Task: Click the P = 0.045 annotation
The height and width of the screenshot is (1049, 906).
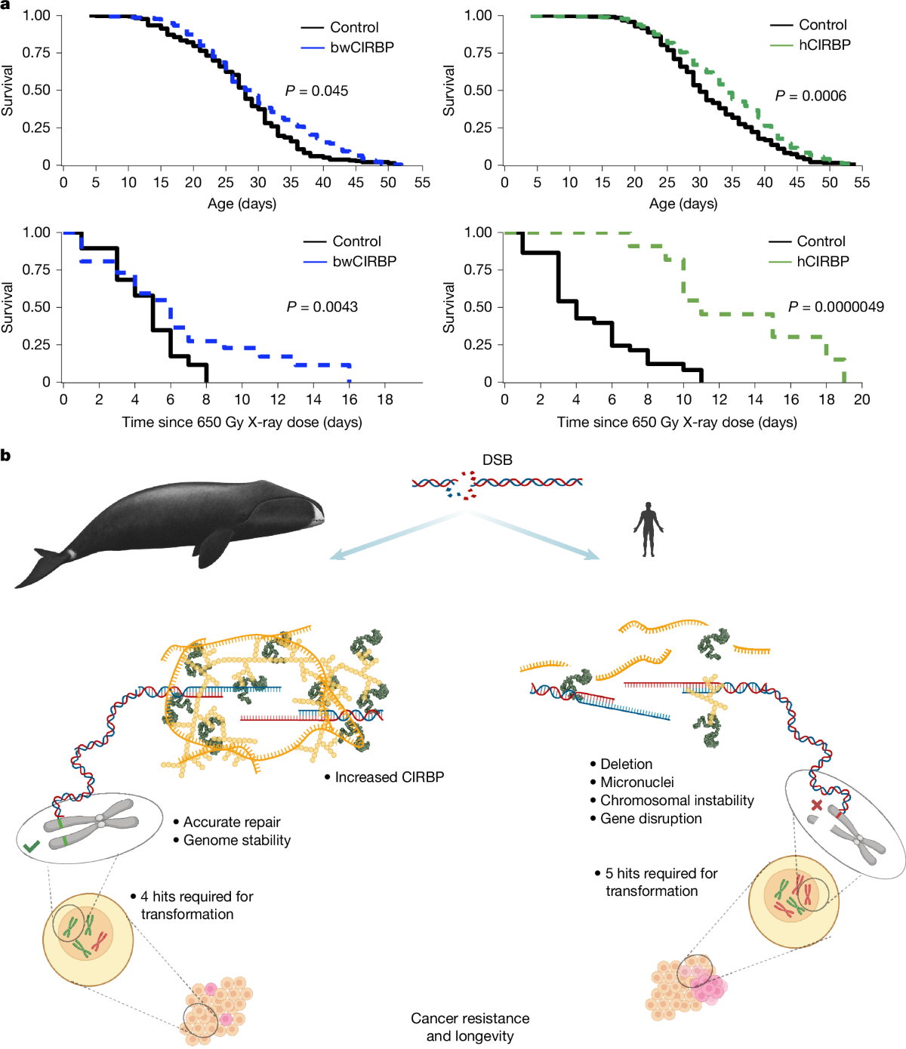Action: pyautogui.click(x=316, y=91)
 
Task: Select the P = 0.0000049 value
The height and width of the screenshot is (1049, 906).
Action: pyautogui.click(x=836, y=307)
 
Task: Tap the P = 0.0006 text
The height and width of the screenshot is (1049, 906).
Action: pyautogui.click(x=810, y=96)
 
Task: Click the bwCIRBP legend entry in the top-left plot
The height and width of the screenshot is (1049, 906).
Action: pyautogui.click(x=362, y=47)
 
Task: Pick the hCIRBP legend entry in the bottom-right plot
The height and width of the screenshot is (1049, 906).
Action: pyautogui.click(x=823, y=261)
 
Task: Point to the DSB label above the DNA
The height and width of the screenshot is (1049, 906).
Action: pyautogui.click(x=497, y=460)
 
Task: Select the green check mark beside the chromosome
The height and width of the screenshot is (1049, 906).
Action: pyautogui.click(x=31, y=848)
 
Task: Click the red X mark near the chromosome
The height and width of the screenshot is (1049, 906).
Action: pyautogui.click(x=816, y=805)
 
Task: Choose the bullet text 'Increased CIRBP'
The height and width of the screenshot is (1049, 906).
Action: pyautogui.click(x=389, y=777)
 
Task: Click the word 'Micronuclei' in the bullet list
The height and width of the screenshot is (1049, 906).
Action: pyautogui.click(x=636, y=783)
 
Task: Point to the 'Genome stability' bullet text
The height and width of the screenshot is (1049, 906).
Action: pyautogui.click(x=236, y=840)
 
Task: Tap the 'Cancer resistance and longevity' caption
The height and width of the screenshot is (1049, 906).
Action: pyautogui.click(x=470, y=1027)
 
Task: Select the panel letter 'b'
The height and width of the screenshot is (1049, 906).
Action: pyautogui.click(x=6, y=455)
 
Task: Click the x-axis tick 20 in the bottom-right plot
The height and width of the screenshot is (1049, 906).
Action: pyautogui.click(x=861, y=400)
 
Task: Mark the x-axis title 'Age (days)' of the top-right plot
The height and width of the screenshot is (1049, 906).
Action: pyautogui.click(x=683, y=204)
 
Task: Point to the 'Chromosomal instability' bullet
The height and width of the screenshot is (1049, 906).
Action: pyautogui.click(x=676, y=801)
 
